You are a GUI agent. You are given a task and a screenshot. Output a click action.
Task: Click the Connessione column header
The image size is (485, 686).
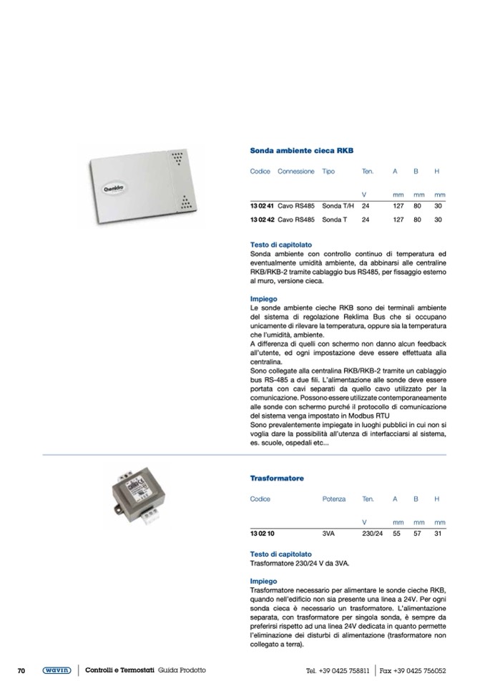[x=295, y=172]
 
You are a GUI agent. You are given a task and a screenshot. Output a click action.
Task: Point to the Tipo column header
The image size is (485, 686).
[x=328, y=172]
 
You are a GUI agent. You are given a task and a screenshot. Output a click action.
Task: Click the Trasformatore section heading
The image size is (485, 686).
[x=277, y=478]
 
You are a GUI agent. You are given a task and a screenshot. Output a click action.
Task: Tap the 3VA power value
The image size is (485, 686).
[x=328, y=533]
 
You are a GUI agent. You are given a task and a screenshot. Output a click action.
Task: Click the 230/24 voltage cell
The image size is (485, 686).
[x=373, y=533]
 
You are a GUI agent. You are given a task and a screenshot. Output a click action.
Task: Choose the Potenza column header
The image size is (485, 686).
[x=333, y=499]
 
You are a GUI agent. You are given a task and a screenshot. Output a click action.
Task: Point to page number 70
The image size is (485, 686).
[x=21, y=670]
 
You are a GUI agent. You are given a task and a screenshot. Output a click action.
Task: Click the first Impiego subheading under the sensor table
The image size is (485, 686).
[x=263, y=299]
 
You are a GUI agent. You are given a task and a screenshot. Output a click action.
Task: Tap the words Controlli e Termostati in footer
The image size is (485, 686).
[x=119, y=670]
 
